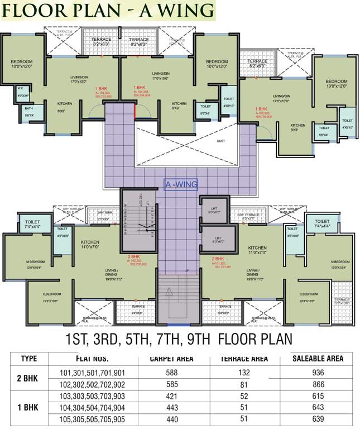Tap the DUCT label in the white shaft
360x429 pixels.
pos(221,141)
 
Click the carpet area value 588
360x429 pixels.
pos(171,372)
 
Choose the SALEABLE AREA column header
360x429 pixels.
pos(318,359)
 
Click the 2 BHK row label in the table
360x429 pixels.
pos(28,378)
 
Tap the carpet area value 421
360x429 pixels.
pos(171,397)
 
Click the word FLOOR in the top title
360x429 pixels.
pos(36,10)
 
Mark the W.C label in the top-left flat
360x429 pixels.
pos(21,88)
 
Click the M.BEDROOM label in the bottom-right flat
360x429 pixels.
pos(339,262)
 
